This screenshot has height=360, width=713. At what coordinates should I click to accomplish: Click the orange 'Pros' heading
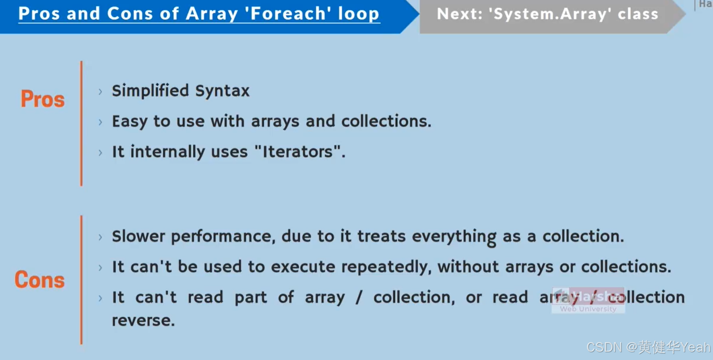point(43,99)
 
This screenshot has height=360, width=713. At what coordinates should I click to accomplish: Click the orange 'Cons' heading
point(39,280)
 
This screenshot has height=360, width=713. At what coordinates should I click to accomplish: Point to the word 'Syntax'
point(223,91)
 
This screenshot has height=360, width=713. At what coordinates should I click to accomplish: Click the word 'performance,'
point(223,237)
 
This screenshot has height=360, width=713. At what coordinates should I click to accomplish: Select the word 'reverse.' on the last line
point(143,320)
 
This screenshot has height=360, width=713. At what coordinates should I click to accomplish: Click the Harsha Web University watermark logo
point(588,300)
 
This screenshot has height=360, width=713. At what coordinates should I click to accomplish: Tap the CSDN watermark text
point(648,347)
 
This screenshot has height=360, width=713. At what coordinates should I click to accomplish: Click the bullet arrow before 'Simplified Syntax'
point(101,92)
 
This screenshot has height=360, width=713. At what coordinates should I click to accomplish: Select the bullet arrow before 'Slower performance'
point(101,237)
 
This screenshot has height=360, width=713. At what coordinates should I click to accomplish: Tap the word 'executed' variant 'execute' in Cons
point(303,267)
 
